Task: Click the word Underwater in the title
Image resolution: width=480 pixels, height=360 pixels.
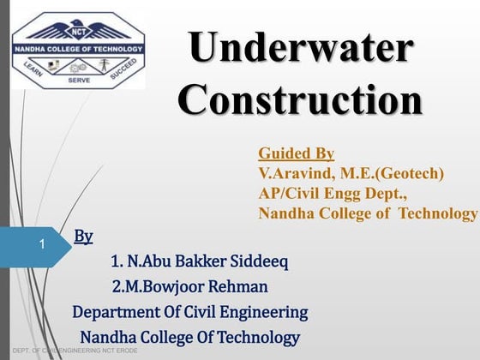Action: [x=300, y=49]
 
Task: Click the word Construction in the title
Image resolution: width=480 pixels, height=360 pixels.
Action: [x=300, y=100]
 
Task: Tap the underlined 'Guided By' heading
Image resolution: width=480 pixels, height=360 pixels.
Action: [x=296, y=154]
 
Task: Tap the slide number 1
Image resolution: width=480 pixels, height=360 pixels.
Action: [x=41, y=245]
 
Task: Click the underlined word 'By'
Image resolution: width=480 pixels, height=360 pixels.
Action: [x=84, y=236]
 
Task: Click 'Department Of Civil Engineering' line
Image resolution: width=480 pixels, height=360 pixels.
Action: [x=189, y=311]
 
